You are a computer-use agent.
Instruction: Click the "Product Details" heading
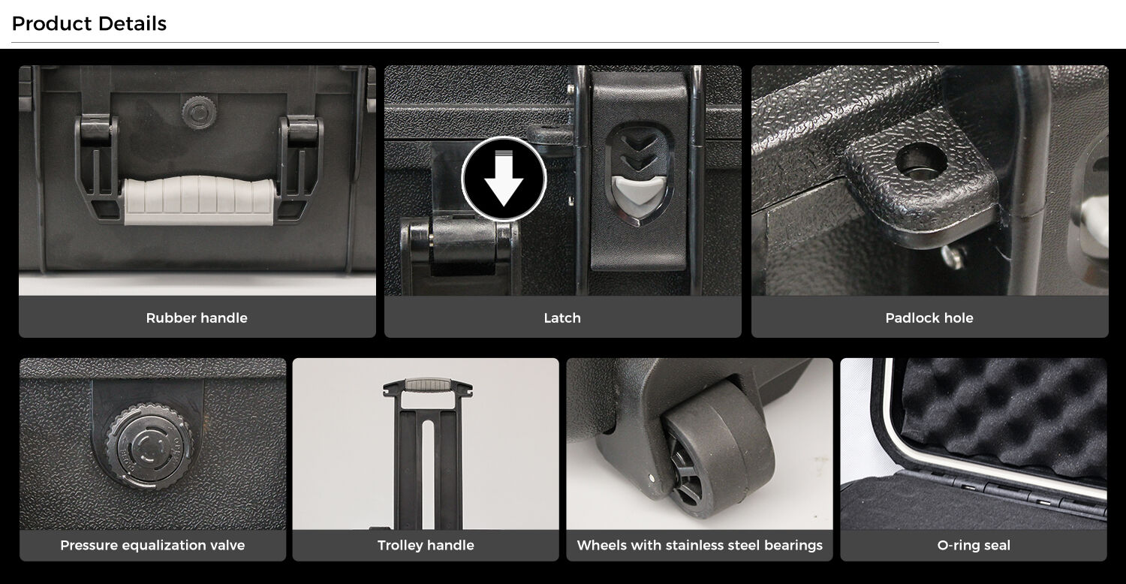click(x=89, y=23)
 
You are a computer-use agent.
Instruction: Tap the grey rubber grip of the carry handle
click(x=199, y=200)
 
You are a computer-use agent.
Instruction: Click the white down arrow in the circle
click(x=504, y=179)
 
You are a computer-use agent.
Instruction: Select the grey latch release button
click(x=638, y=194)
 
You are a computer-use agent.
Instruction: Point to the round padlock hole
click(x=921, y=162)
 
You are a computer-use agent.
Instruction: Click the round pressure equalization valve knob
click(x=149, y=446)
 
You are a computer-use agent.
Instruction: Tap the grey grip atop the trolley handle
click(x=427, y=384)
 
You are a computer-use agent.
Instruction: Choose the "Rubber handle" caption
click(x=197, y=318)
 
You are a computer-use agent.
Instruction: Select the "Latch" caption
click(x=562, y=318)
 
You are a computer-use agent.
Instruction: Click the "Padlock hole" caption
click(x=929, y=318)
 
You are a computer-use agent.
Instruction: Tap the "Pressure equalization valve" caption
click(x=152, y=545)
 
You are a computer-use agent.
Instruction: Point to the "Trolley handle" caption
click(x=426, y=545)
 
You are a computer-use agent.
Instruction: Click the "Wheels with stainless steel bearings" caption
click(x=699, y=545)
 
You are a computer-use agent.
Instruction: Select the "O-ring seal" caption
click(x=974, y=545)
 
